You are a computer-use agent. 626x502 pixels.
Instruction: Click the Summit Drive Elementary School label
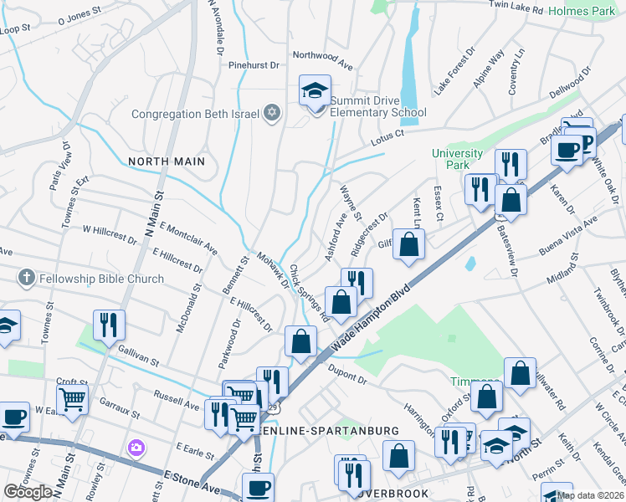pyautogui.click(x=377, y=106)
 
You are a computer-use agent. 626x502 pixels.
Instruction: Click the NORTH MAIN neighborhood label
pyautogui.click(x=166, y=160)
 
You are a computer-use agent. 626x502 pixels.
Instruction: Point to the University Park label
pyautogui.click(x=457, y=159)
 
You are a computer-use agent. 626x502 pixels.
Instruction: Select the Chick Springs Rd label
pyautogui.click(x=309, y=292)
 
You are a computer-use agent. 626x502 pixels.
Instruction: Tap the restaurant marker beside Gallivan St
pyautogui.click(x=109, y=325)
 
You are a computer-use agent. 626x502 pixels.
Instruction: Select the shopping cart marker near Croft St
pyautogui.click(x=73, y=400)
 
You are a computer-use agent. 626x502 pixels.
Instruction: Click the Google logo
pyautogui.click(x=28, y=492)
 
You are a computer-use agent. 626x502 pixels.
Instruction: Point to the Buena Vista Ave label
pyautogui.click(x=568, y=233)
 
